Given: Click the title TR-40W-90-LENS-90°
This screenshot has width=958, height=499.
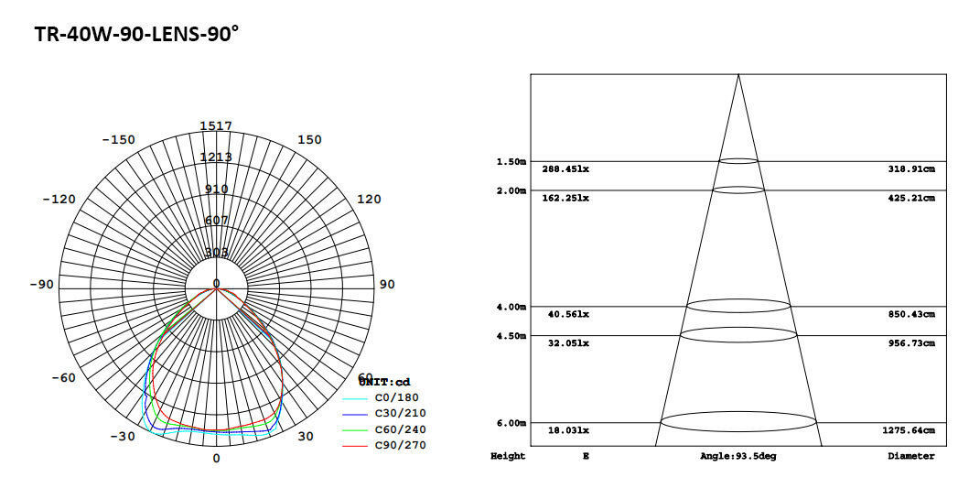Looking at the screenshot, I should tap(136, 35).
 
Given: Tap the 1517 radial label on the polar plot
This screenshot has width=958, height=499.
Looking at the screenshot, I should tap(216, 125).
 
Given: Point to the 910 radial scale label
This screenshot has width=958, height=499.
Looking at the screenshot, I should tap(216, 189).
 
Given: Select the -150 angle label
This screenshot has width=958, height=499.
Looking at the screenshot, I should tap(118, 140).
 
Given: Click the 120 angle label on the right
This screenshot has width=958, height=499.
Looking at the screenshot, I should tap(368, 200).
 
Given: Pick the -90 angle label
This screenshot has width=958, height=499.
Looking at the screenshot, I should tap(41, 285).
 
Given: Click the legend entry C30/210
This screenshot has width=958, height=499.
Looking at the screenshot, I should tap(401, 414).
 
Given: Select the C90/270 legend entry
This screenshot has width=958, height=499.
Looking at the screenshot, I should tap(401, 446).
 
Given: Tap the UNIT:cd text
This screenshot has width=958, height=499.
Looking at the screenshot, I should tap(384, 382).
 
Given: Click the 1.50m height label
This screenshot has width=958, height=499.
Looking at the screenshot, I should tap(511, 162).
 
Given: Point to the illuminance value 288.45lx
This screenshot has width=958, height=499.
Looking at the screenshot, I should tap(565, 169).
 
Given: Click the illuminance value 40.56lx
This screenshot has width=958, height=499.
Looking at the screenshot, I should tap(568, 315).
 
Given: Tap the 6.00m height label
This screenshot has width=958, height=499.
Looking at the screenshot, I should tap(511, 423).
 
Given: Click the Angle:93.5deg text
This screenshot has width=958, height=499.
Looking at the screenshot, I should tap(737, 456).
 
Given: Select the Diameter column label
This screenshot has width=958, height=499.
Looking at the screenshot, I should tap(910, 456).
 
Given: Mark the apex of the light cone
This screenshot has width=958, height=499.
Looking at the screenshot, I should tap(738, 74).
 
